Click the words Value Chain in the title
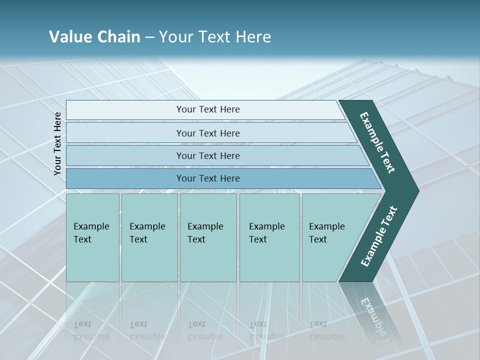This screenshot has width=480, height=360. (94, 37)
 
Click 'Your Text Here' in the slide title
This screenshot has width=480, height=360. (215, 37)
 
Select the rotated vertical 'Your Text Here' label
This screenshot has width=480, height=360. (57, 143)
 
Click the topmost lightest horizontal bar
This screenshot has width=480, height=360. (207, 109)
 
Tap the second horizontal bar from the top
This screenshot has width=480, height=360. (207, 133)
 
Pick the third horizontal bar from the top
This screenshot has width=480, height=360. (207, 155)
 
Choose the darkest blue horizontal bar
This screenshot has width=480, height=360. (207, 178)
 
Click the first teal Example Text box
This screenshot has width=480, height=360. (92, 237)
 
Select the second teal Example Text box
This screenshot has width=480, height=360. (149, 237)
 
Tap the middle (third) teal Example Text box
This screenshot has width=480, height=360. (207, 237)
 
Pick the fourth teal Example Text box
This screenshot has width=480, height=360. (269, 237)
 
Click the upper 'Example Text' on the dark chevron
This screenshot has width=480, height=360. (377, 142)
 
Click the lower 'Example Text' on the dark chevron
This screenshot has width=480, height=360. (379, 236)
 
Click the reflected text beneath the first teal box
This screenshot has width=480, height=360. (91, 330)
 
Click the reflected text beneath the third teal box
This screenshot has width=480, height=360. (205, 330)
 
